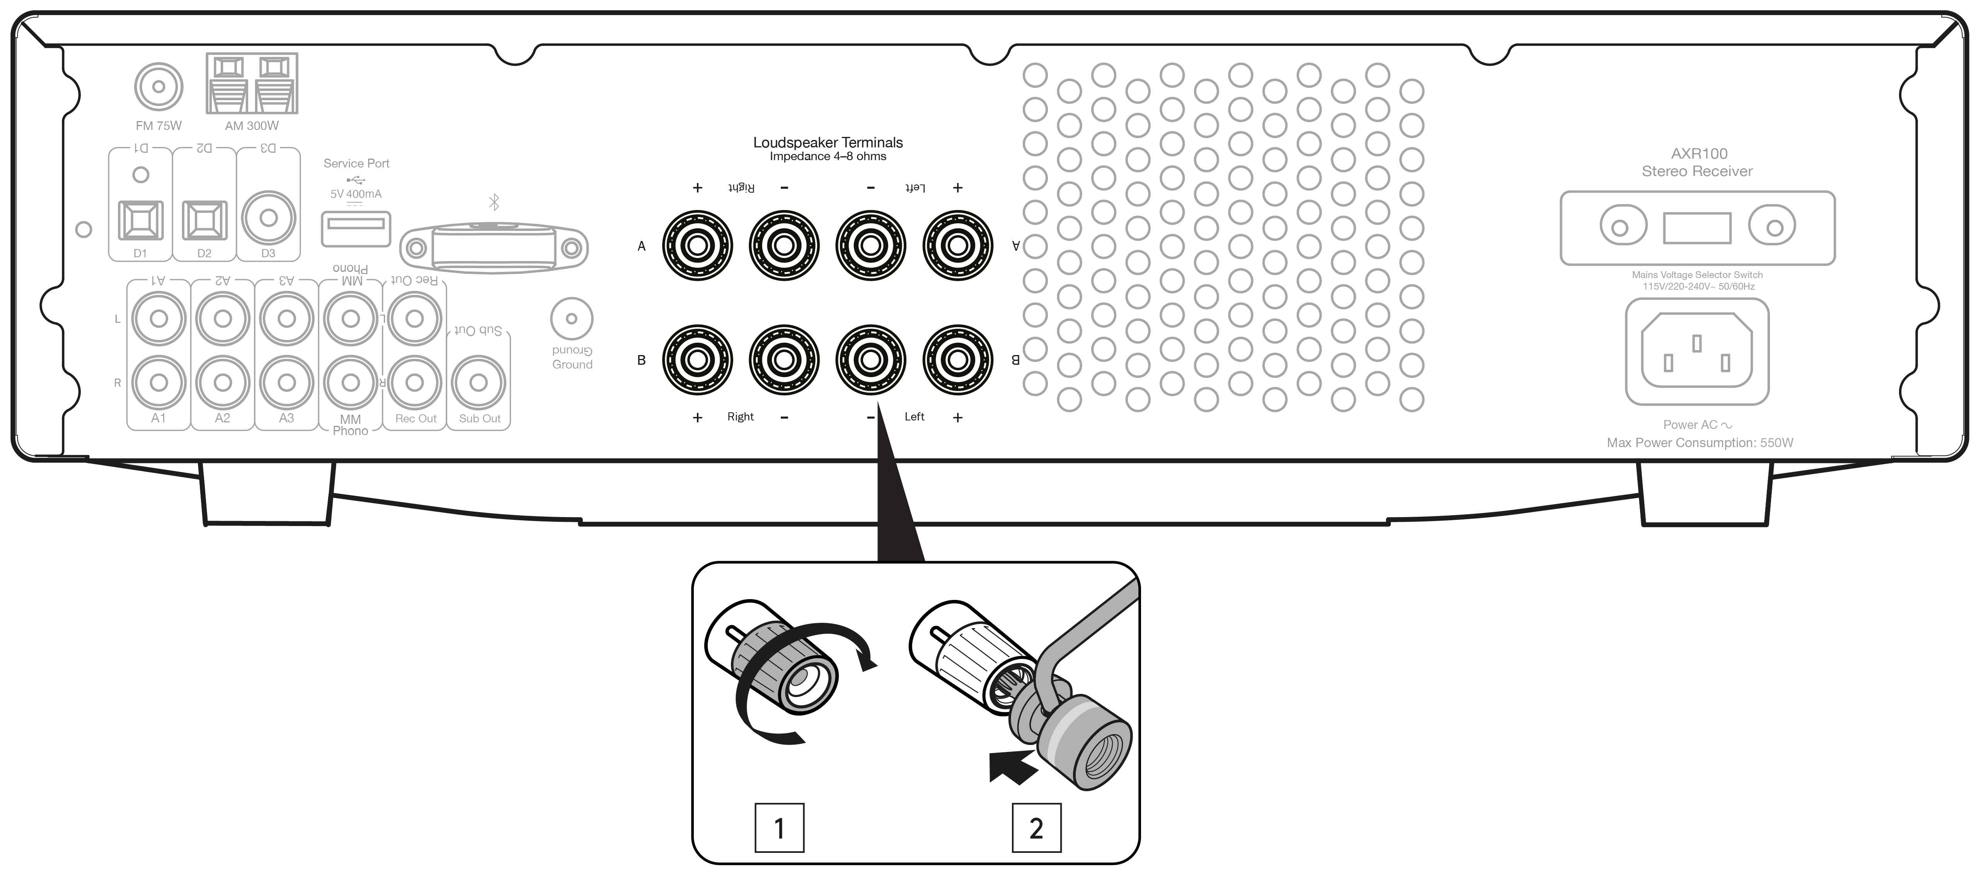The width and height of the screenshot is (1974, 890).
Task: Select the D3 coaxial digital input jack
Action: click(x=268, y=218)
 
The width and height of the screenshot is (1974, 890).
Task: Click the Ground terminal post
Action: click(x=572, y=318)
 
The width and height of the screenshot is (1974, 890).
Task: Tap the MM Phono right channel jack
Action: click(x=350, y=383)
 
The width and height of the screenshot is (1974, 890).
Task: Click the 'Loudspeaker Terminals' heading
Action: click(x=828, y=143)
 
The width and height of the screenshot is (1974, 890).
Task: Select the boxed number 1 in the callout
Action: click(x=779, y=828)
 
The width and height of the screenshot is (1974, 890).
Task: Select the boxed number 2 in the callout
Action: click(x=1036, y=828)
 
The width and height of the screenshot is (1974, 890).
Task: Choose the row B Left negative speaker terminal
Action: click(x=870, y=360)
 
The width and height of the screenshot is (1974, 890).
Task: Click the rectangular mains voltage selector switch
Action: click(x=1696, y=228)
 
